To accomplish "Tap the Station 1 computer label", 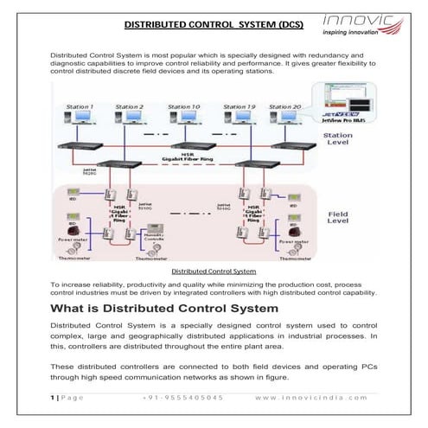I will point(80,106).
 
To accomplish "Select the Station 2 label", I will point(129,106).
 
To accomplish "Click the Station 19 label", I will point(239,106).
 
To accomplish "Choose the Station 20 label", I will point(284,106).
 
